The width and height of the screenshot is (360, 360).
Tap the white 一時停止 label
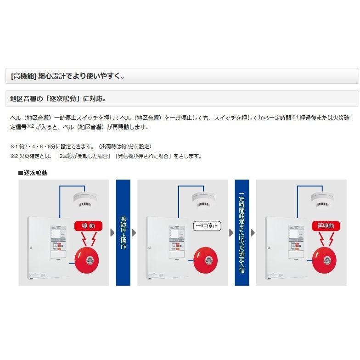point(207,226)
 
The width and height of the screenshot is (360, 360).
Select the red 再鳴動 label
point(326,226)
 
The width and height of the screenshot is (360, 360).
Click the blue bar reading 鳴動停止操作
point(123,232)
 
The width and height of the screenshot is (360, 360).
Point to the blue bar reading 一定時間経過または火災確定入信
point(242,232)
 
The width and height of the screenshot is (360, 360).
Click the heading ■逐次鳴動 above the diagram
point(33,173)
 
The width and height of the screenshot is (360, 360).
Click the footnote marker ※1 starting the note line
point(14,146)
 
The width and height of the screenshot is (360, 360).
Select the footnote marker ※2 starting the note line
point(14,156)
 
